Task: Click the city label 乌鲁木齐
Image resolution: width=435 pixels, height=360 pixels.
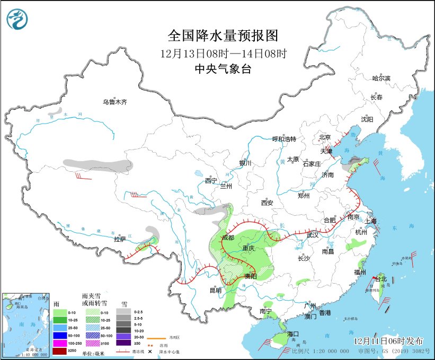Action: (x=115, y=102)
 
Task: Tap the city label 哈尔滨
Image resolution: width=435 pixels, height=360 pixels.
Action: (x=380, y=78)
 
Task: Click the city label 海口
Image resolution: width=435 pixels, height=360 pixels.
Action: (x=294, y=334)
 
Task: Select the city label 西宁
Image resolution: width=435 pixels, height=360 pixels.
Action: (x=211, y=180)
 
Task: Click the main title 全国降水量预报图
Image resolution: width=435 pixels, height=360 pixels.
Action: (x=223, y=36)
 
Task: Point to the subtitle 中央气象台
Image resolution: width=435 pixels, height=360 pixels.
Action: (x=223, y=68)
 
